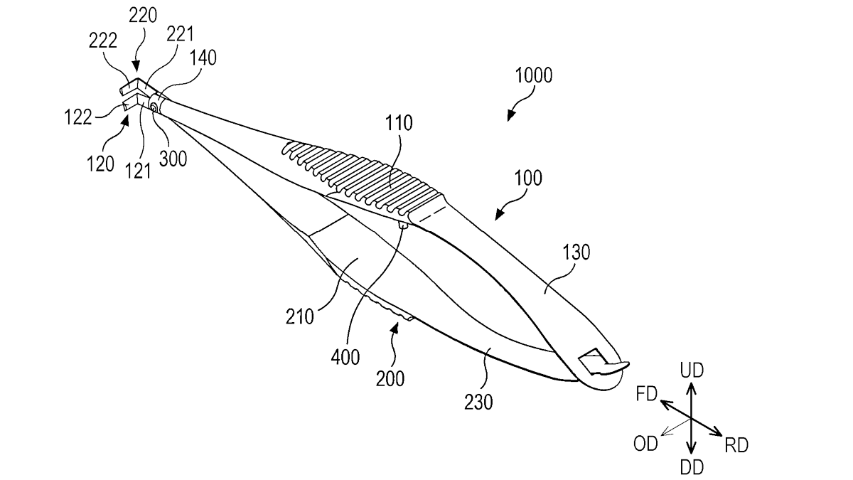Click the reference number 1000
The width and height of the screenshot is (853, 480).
pyautogui.click(x=534, y=75)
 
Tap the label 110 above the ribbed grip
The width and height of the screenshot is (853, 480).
pyautogui.click(x=399, y=123)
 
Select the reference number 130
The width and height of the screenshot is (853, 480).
pyautogui.click(x=576, y=252)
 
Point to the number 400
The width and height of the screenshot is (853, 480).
pyautogui.click(x=345, y=357)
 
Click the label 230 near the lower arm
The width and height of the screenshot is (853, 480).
pyautogui.click(x=478, y=402)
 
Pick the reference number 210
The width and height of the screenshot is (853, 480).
pyautogui.click(x=300, y=316)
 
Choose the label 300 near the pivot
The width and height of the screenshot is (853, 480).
pyautogui.click(x=173, y=159)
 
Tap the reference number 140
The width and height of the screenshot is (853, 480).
pyautogui.click(x=203, y=58)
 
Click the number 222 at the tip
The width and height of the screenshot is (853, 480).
pyautogui.click(x=103, y=41)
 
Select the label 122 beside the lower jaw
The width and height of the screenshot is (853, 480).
pyautogui.click(x=78, y=117)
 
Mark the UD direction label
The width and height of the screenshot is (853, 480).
pyautogui.click(x=692, y=370)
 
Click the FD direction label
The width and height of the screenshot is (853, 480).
pyautogui.click(x=647, y=394)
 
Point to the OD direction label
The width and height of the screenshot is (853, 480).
pyautogui.click(x=645, y=444)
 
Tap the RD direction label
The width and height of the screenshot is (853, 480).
pyautogui.click(x=736, y=445)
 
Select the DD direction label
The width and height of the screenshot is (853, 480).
pyautogui.click(x=692, y=468)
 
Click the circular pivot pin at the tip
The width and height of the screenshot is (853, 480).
pyautogui.click(x=154, y=108)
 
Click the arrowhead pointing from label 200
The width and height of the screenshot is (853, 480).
pyautogui.click(x=395, y=327)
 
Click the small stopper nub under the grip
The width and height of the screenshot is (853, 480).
pyautogui.click(x=403, y=225)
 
